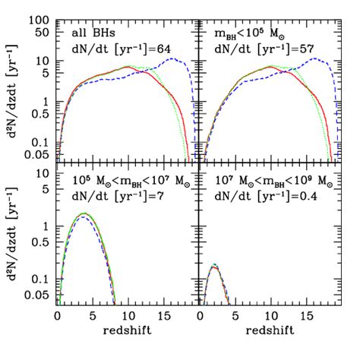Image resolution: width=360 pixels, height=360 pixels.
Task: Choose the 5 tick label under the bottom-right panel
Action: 235,313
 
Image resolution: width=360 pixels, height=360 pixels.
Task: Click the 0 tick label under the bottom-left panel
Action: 58,313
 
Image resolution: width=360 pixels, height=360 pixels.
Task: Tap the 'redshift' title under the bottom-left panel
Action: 127,328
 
